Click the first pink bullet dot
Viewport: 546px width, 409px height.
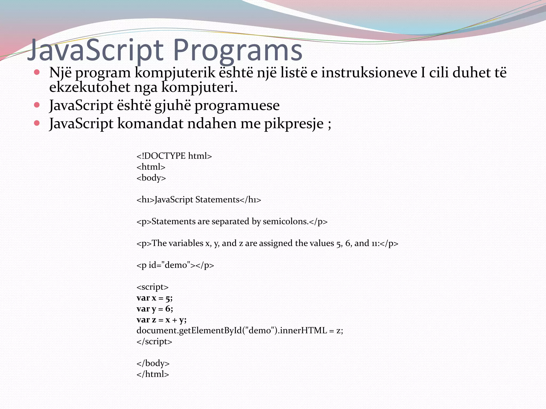point(37,72)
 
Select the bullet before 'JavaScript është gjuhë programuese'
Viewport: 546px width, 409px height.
point(37,105)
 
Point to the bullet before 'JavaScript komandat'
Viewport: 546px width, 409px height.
point(37,123)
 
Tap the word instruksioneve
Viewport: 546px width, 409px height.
point(369,73)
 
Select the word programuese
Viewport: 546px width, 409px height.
point(237,105)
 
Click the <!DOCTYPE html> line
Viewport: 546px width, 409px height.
point(174,156)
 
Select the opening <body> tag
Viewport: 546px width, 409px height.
point(151,178)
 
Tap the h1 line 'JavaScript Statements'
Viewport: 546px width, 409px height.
point(199,199)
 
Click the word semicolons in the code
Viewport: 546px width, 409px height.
point(285,221)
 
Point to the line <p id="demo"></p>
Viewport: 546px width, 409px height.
point(175,265)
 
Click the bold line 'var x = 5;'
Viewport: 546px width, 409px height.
point(154,298)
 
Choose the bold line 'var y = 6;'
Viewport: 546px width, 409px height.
point(155,309)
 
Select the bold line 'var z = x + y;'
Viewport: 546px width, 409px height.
point(161,320)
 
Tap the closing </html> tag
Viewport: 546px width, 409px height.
point(152,374)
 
